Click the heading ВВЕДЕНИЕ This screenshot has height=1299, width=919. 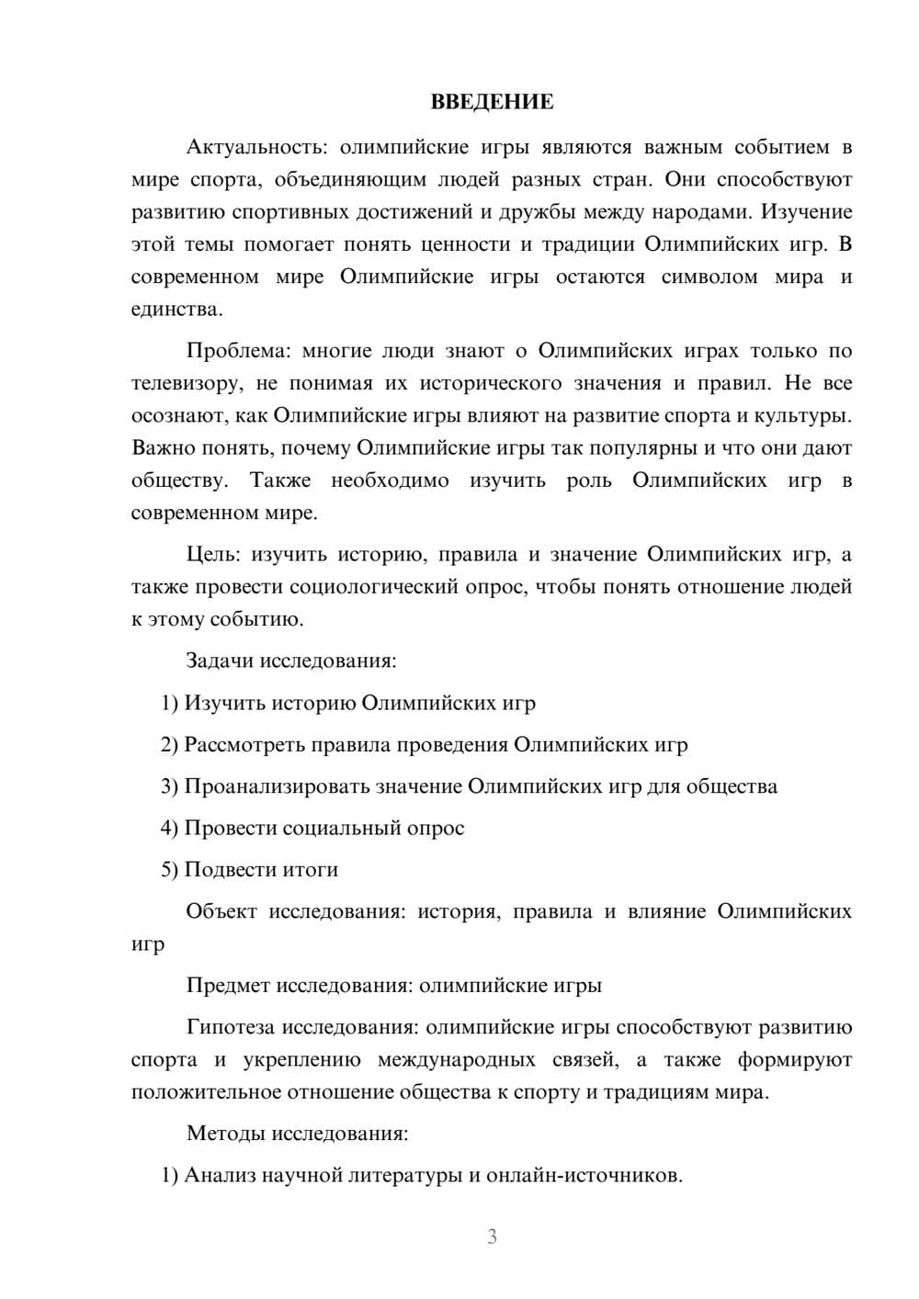(492, 102)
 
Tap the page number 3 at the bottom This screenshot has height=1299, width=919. (492, 1237)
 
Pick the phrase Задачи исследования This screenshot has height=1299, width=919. (290, 661)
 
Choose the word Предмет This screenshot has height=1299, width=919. (228, 986)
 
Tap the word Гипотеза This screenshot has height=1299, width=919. (230, 1027)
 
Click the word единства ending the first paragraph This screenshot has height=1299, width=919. (175, 309)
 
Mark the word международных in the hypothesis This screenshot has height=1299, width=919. (457, 1059)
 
